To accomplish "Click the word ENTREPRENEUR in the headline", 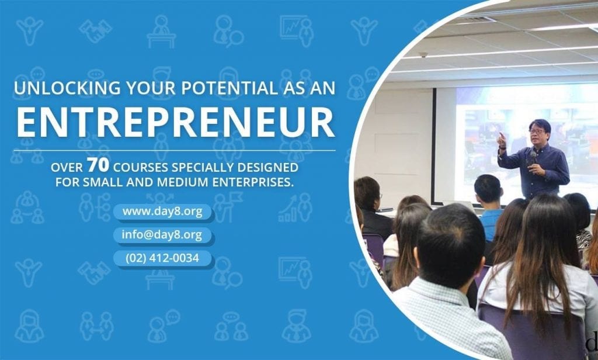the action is coord(175,122).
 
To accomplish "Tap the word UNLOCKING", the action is coord(67,88).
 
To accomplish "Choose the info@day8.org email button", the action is coord(162,235).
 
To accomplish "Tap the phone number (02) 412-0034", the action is coord(162,258).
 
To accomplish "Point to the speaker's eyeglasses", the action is coord(536,131).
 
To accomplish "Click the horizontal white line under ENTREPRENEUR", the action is coord(175,150).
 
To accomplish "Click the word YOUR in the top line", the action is coord(151,88).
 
